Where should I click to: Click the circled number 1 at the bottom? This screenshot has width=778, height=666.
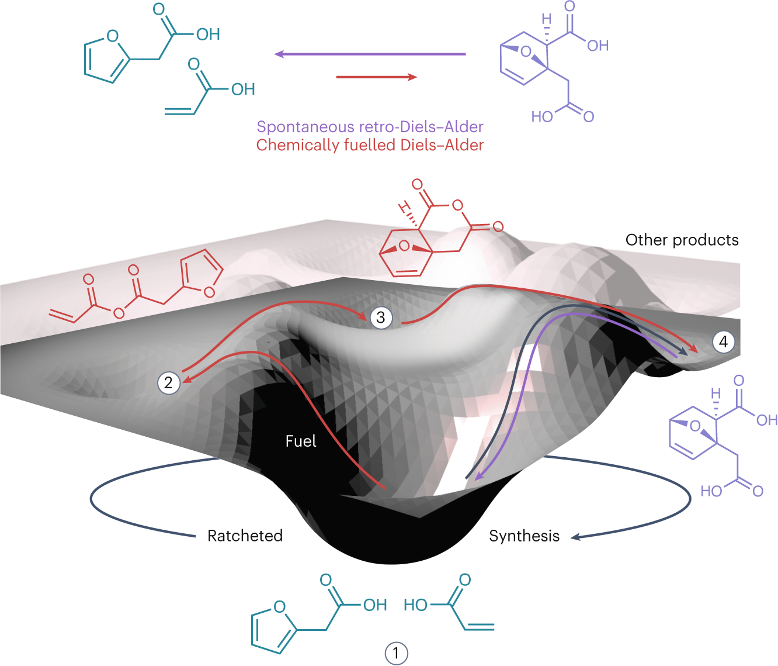[x=397, y=653]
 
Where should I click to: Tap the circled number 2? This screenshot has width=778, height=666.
[x=168, y=383]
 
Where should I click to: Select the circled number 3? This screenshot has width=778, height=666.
[x=381, y=318]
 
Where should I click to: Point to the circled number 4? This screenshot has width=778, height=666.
[x=723, y=341]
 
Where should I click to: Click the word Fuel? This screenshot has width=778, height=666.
[x=301, y=441]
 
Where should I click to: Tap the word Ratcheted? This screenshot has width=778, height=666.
[x=245, y=536]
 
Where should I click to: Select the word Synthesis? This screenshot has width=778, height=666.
[x=524, y=536]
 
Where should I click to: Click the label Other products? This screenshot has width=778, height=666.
[x=682, y=240]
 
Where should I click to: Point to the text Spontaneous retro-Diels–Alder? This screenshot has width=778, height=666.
[x=370, y=127]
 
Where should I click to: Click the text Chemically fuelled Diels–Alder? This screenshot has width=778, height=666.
[x=370, y=145]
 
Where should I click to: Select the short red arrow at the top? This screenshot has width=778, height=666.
[x=377, y=77]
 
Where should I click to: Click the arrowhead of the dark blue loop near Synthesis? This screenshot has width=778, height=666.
[x=575, y=537]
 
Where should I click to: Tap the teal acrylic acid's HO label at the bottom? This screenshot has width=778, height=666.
[x=415, y=605]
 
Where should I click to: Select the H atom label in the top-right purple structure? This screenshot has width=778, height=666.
[x=546, y=20]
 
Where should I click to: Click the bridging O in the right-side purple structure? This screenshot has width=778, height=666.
[x=694, y=426]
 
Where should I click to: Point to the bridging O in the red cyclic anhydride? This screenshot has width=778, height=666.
[x=404, y=246]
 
